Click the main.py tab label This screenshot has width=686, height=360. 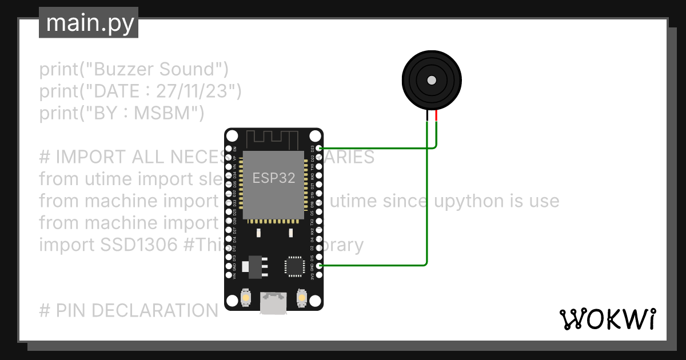(89, 23)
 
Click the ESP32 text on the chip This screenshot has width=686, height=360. (274, 178)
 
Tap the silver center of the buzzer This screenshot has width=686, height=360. (432, 79)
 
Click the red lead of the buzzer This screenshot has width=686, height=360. (437, 115)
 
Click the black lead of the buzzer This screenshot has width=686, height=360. (427, 115)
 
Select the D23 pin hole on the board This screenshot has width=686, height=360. (318, 148)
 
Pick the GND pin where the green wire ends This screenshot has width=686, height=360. (318, 266)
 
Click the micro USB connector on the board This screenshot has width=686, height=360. (273, 303)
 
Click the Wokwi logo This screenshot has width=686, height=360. (607, 319)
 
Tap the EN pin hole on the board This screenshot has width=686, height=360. (229, 148)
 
